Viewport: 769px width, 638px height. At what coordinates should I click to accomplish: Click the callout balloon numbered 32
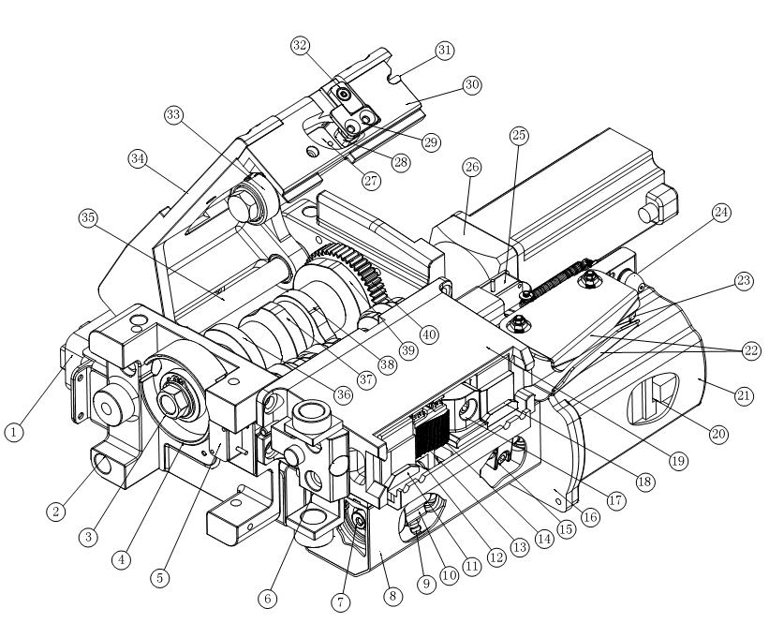pyautogui.click(x=300, y=46)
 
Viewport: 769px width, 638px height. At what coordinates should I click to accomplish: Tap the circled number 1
pyautogui.click(x=14, y=432)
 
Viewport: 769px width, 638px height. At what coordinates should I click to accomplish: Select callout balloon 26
pyautogui.click(x=472, y=167)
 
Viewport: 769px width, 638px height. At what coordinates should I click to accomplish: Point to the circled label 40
pyautogui.click(x=429, y=335)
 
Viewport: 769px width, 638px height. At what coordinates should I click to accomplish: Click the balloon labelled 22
pyautogui.click(x=751, y=351)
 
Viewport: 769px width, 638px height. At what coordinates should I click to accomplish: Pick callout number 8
pyautogui.click(x=392, y=596)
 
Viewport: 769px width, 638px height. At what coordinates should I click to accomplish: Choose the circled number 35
pyautogui.click(x=88, y=217)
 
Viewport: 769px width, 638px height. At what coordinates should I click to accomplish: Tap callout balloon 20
pyautogui.click(x=718, y=434)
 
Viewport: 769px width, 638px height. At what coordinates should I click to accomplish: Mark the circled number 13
pyautogui.click(x=519, y=547)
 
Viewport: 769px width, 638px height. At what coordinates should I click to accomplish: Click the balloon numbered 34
pyautogui.click(x=138, y=159)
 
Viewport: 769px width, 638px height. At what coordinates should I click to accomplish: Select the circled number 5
pyautogui.click(x=160, y=578)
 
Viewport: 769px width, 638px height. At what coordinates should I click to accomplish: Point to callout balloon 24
pyautogui.click(x=721, y=213)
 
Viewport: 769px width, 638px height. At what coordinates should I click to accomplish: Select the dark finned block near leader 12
pyautogui.click(x=432, y=433)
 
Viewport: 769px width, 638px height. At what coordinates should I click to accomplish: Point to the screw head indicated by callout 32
pyautogui.click(x=344, y=93)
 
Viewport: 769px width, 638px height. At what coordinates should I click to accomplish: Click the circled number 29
pyautogui.click(x=431, y=142)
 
